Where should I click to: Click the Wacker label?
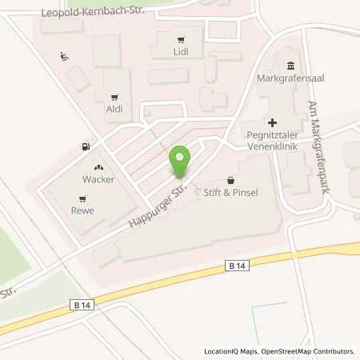pos(98,179)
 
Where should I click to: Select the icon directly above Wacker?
pos(98,167)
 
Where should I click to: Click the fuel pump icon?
pos(85,146)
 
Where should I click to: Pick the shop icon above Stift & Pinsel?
pos(231,180)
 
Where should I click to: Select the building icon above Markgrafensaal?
pos(289,66)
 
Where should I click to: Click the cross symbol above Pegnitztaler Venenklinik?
pos(273,123)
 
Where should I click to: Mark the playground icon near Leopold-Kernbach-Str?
pos(64,57)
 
